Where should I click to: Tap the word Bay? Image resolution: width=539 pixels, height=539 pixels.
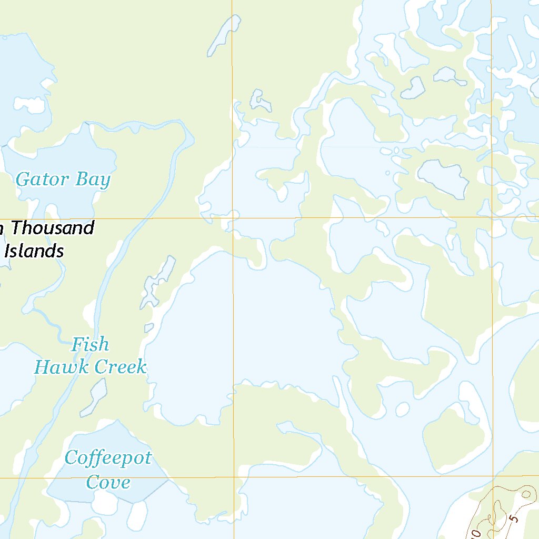(x=92, y=180)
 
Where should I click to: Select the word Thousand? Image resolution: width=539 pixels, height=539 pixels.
(x=52, y=228)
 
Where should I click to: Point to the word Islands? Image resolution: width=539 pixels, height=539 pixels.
(x=34, y=251)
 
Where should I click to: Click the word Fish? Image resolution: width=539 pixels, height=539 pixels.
(x=90, y=345)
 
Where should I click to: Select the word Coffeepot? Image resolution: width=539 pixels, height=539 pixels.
(x=108, y=458)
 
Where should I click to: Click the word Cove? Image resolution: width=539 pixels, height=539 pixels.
(x=108, y=482)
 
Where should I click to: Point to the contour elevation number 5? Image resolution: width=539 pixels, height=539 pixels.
(x=514, y=519)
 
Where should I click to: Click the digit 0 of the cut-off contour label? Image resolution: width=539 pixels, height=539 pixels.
(x=476, y=534)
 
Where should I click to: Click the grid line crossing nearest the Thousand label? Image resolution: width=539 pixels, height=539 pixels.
(x=233, y=217)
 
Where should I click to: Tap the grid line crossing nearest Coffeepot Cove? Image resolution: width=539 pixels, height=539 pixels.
(x=234, y=477)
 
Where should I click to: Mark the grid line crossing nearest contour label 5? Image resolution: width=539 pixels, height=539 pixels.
(x=493, y=476)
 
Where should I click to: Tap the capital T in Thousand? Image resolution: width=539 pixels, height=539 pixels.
(x=16, y=228)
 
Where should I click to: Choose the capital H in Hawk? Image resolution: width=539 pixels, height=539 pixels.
(x=41, y=367)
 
